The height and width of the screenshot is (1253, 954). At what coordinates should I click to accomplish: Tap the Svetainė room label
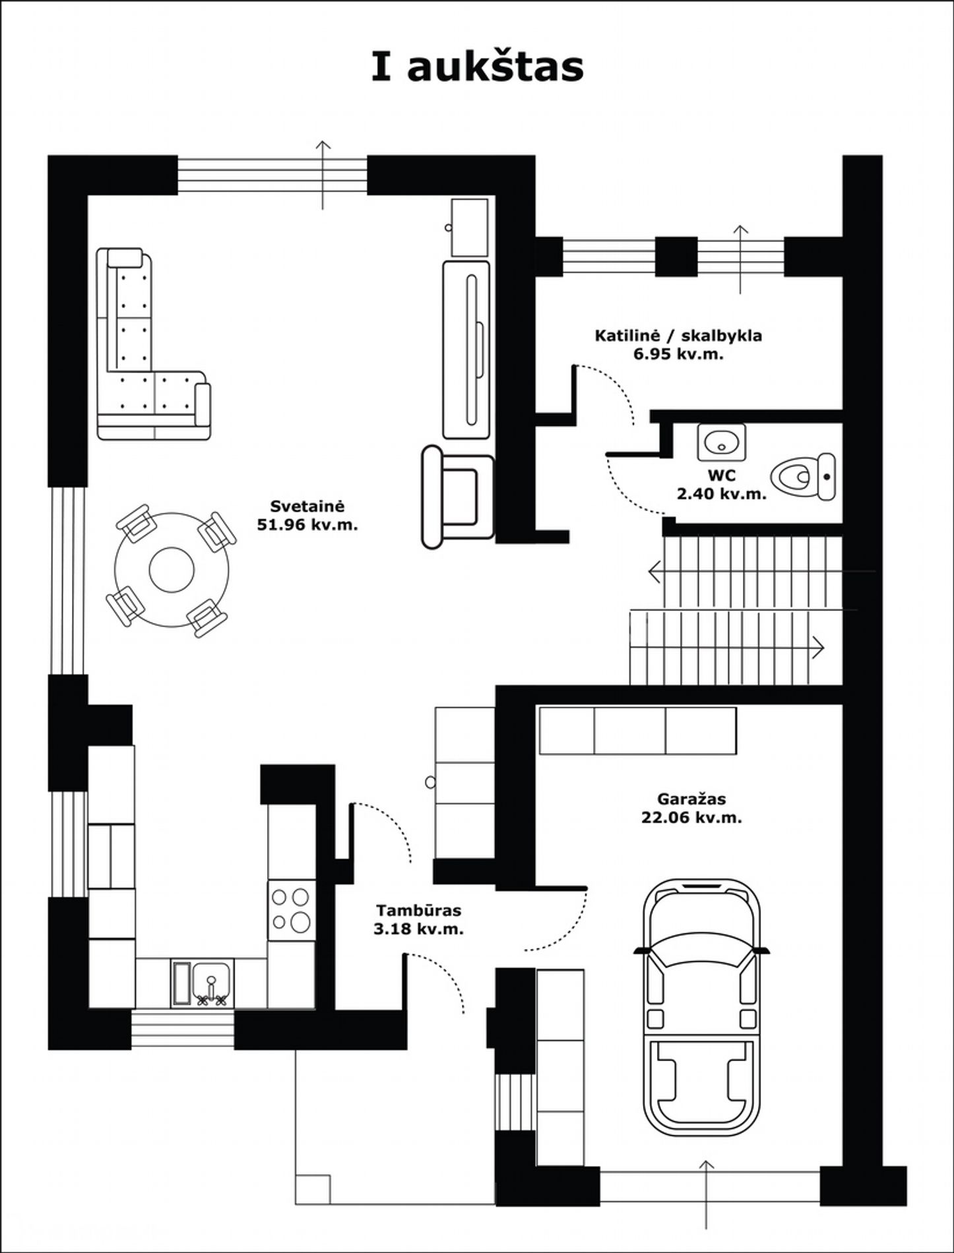[307, 506]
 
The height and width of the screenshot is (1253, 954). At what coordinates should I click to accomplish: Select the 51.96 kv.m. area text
[307, 526]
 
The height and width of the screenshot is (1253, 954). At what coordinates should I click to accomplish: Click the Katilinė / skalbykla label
[678, 336]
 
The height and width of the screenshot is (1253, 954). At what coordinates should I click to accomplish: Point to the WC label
[721, 475]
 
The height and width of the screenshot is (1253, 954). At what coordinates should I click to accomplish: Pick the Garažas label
[691, 799]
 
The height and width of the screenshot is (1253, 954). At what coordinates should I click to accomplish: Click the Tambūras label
[419, 911]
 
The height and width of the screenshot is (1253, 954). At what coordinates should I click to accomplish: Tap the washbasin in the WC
[721, 442]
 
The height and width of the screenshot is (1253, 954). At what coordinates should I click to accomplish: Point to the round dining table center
[172, 570]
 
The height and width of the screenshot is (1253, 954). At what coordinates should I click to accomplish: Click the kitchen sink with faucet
[202, 983]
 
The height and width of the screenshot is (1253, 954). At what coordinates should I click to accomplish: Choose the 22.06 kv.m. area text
[691, 818]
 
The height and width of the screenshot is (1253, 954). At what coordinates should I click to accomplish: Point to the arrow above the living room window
[323, 175]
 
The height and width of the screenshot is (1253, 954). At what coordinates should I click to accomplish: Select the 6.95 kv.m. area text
[678, 354]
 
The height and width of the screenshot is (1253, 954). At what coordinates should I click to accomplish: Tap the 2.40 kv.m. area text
[721, 493]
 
